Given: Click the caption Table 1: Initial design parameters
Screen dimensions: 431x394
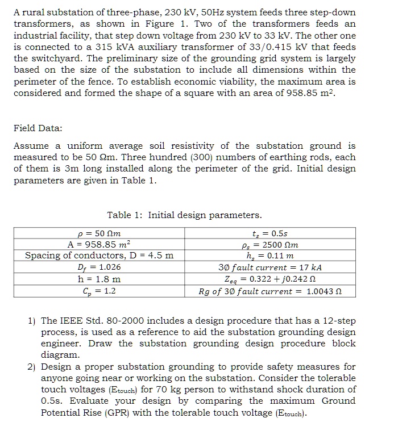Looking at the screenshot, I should (185, 215).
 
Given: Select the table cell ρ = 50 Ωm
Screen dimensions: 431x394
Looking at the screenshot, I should (99, 233).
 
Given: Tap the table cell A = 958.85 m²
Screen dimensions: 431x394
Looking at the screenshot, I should (99, 244).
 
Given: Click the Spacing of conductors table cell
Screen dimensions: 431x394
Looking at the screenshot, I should (99, 256).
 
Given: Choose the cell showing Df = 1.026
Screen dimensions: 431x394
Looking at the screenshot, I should (99, 267).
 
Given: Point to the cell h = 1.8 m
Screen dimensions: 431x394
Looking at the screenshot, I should (99, 279).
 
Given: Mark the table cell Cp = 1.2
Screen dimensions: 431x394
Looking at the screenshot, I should (99, 291).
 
